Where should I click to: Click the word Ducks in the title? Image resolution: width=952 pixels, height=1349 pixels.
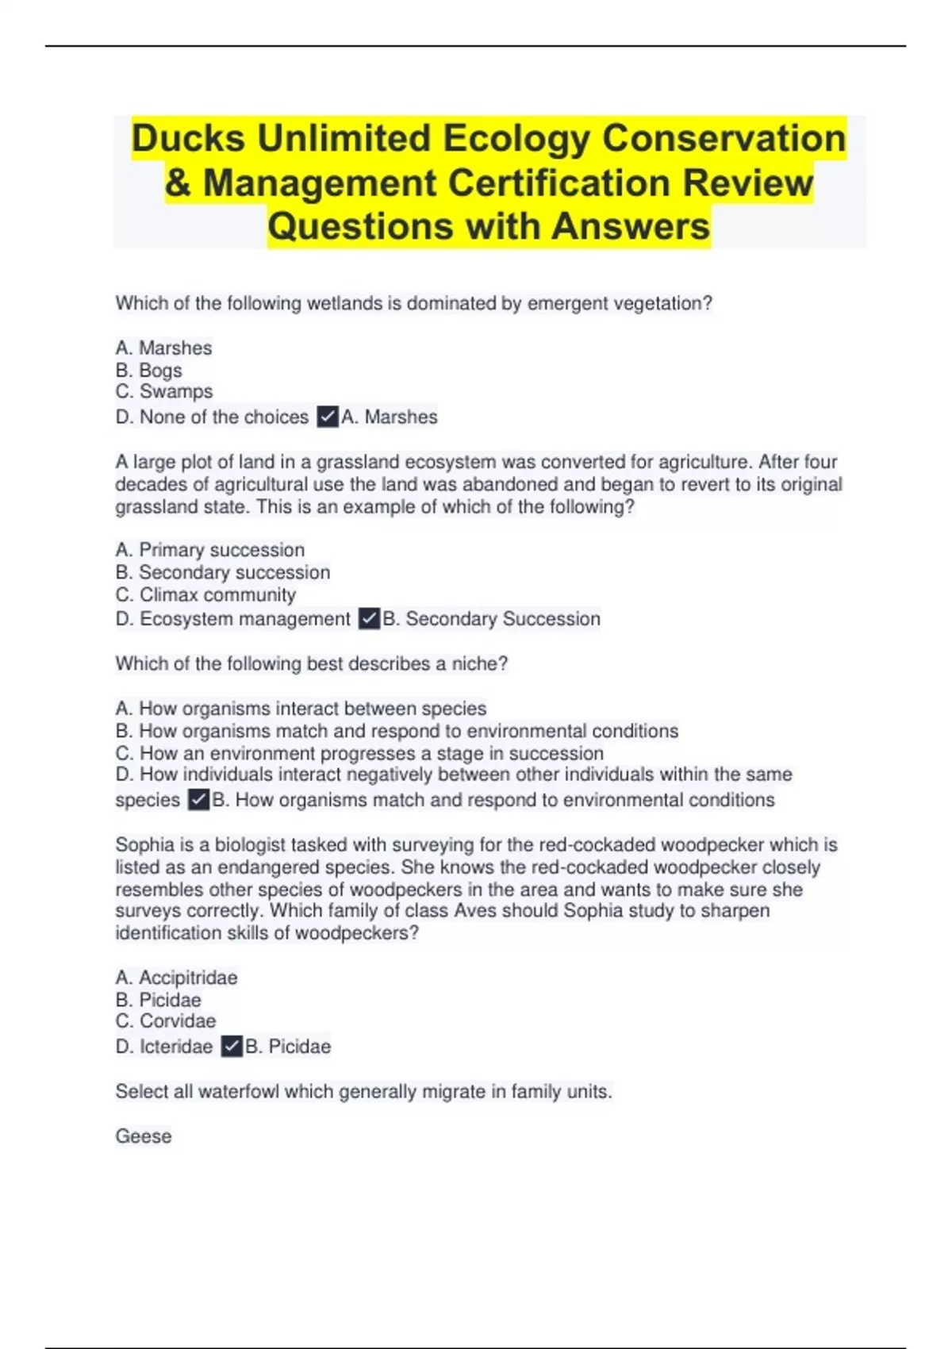point(188,138)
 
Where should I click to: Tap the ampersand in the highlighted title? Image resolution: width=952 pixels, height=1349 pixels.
point(178,183)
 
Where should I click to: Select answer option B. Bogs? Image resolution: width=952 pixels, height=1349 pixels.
point(148,371)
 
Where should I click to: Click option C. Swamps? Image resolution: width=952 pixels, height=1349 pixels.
point(164,392)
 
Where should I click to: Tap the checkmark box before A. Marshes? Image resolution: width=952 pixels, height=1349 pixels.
point(328,417)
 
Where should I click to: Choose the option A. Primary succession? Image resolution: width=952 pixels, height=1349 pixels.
point(209,550)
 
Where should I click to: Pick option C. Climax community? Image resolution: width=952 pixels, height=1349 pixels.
point(205,595)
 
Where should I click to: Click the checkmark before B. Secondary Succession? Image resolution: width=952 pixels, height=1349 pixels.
point(369,619)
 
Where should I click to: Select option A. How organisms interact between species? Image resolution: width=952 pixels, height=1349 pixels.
point(301,709)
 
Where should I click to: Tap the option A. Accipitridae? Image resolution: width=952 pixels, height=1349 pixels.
point(176,978)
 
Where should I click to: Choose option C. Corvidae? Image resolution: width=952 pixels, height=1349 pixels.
point(165,1021)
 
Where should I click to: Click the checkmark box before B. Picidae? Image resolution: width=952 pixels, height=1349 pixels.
point(232,1047)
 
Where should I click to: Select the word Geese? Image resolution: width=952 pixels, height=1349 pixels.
point(144,1136)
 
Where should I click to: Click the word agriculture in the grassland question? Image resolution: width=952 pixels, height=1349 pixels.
point(698,462)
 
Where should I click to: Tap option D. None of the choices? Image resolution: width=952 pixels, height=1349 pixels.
point(212,417)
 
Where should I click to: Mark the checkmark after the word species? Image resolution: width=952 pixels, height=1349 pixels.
point(198,800)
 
